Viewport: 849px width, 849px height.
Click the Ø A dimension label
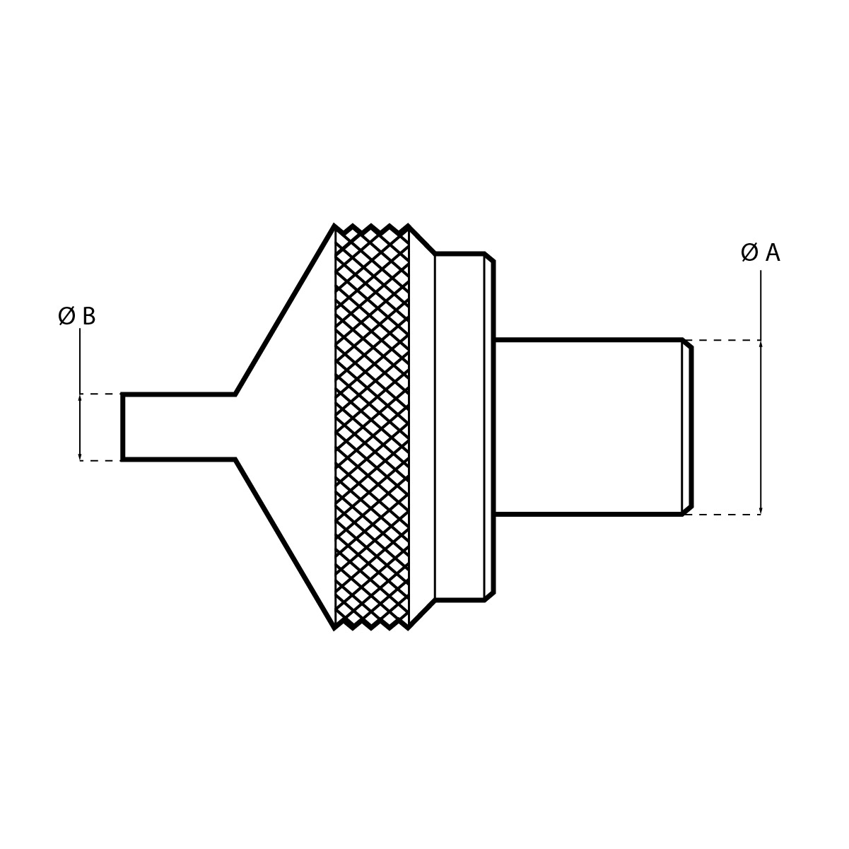point(760,253)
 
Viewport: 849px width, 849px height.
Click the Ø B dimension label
point(76,317)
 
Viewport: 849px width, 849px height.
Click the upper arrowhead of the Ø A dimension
point(761,344)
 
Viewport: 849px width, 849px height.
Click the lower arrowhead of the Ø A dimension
point(761,510)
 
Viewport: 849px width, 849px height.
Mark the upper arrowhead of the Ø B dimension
point(80,398)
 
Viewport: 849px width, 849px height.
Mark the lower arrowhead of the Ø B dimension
point(80,457)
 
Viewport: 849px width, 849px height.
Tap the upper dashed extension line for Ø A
point(721,340)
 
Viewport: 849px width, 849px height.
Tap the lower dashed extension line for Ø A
point(721,515)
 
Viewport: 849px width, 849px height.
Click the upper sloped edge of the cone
point(285,310)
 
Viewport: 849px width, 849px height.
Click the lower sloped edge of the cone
point(285,544)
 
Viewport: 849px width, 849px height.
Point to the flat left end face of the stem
point(122,427)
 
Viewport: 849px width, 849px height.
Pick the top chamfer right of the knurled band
point(422,240)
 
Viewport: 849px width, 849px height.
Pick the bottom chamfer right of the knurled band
point(422,614)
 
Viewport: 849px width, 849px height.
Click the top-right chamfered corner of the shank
point(687,344)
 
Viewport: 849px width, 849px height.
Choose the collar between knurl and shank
point(459,427)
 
